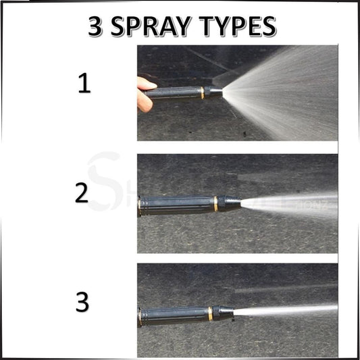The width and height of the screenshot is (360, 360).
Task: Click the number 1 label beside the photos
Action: coord(84,85)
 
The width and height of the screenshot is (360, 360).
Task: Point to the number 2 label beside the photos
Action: coord(82,193)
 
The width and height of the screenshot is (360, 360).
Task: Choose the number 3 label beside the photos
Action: coord(82,302)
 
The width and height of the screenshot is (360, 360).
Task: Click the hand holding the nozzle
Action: coord(145,93)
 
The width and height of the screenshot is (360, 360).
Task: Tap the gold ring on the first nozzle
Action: coord(201,93)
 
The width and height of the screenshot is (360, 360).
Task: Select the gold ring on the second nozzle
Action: coord(215,203)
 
